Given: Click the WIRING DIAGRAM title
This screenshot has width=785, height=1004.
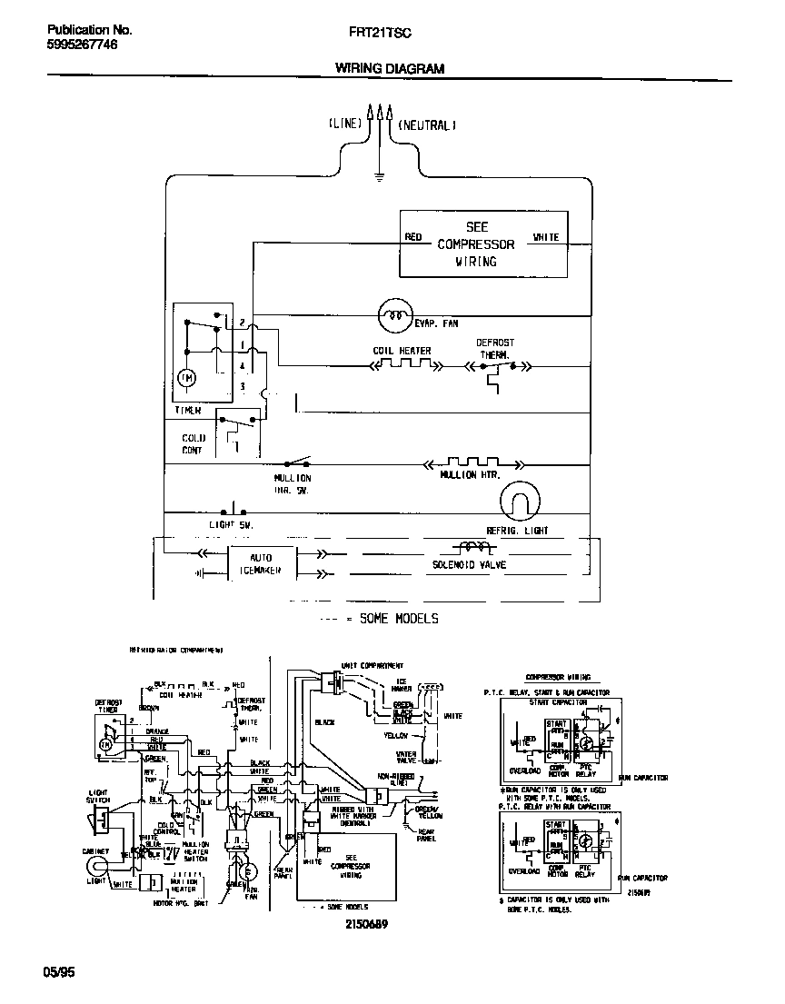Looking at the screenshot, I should [x=390, y=68].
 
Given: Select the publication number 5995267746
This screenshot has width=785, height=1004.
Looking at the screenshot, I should [x=81, y=44].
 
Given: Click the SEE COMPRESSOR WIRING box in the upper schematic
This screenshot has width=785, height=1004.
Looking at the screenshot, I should [x=483, y=244].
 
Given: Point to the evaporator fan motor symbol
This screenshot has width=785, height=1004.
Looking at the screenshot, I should [x=394, y=315].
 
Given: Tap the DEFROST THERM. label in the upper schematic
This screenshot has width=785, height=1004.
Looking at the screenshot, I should [x=495, y=349].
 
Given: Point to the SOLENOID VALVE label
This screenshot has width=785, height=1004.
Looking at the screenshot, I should [x=470, y=565].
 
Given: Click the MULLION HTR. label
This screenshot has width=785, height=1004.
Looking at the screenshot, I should [x=470, y=475].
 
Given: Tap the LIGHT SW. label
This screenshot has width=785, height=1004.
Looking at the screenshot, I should [x=230, y=525].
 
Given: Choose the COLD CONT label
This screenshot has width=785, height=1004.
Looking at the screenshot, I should [x=193, y=443].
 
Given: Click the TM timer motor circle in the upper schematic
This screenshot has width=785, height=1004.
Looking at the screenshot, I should [x=187, y=377].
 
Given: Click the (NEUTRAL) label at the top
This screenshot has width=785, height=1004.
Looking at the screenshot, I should [x=425, y=124].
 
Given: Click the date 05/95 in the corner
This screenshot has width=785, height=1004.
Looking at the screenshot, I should [x=59, y=972].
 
